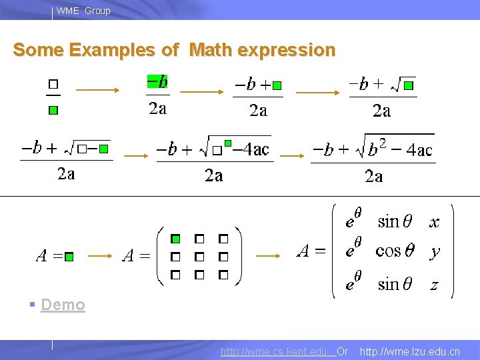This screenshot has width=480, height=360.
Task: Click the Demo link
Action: coord(63,305)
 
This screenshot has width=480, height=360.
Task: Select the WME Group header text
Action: coord(83,11)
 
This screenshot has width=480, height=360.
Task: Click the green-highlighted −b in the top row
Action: coord(157,81)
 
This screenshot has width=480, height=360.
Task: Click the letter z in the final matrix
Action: coord(434,285)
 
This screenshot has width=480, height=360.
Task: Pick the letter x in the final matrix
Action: coord(435,222)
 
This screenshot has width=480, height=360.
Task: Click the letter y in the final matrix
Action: coord(435,252)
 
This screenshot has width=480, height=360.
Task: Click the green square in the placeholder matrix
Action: coord(175,239)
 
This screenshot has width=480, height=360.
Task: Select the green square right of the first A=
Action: coord(69,256)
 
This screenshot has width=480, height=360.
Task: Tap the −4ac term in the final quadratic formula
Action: coord(415,150)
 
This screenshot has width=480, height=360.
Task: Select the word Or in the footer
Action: coord(343,351)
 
